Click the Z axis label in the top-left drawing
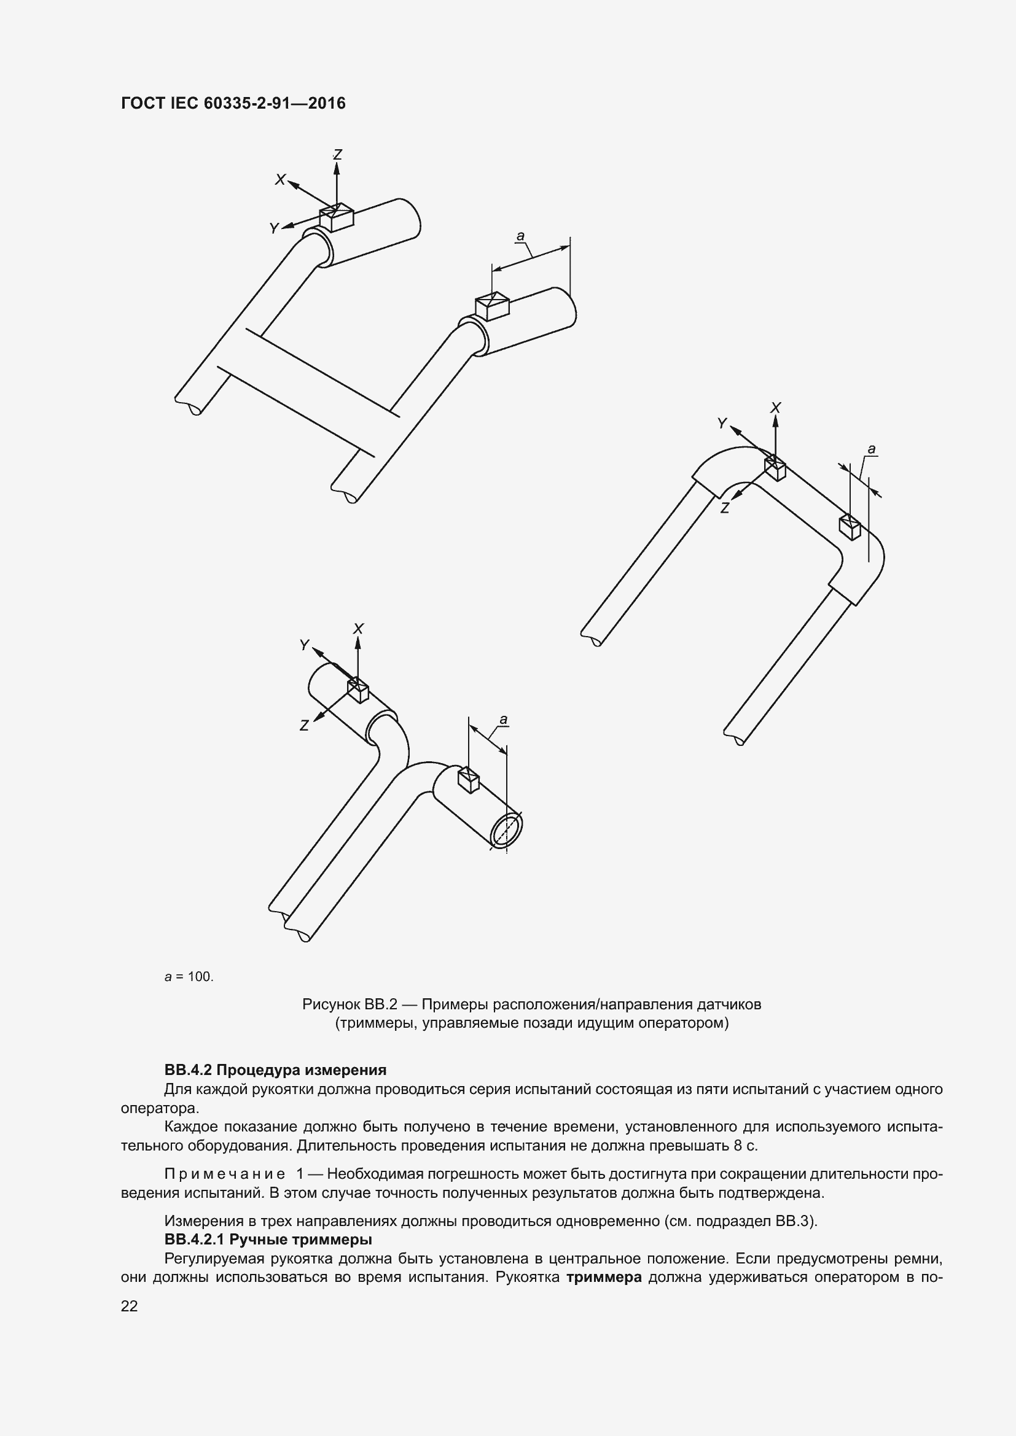[337, 154]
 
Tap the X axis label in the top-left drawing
[280, 180]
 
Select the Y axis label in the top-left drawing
[274, 229]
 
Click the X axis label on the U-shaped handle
[776, 408]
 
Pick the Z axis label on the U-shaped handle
[725, 508]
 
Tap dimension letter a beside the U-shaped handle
[872, 449]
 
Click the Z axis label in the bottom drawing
[304, 726]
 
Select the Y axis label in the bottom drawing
[304, 645]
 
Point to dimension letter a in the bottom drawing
[504, 720]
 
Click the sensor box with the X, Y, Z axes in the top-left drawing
[337, 217]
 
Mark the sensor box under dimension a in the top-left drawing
[492, 305]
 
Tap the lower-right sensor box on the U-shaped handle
[850, 526]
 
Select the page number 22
[129, 1306]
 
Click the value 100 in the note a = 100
[200, 977]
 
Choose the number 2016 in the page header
[327, 103]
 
